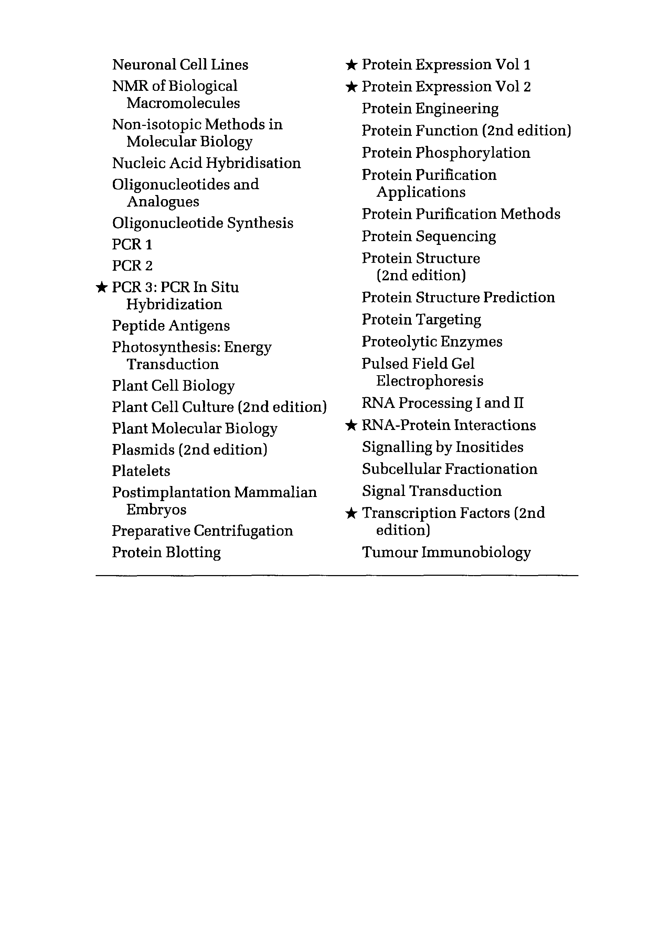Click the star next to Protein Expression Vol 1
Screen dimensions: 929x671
(351, 64)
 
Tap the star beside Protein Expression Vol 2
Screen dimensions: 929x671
(351, 86)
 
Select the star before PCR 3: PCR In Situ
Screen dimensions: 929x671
(101, 287)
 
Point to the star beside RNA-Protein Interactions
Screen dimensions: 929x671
(351, 425)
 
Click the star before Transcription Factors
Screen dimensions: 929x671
(351, 513)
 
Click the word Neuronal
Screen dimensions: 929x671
(144, 65)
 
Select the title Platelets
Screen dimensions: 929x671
(141, 471)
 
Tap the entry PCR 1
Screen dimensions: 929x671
(132, 245)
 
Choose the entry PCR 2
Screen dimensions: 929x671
(132, 266)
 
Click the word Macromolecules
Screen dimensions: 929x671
(183, 103)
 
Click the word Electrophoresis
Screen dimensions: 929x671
(429, 381)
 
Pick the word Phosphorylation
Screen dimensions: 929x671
(472, 153)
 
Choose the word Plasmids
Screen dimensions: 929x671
(143, 450)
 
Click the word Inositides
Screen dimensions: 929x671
(489, 447)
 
